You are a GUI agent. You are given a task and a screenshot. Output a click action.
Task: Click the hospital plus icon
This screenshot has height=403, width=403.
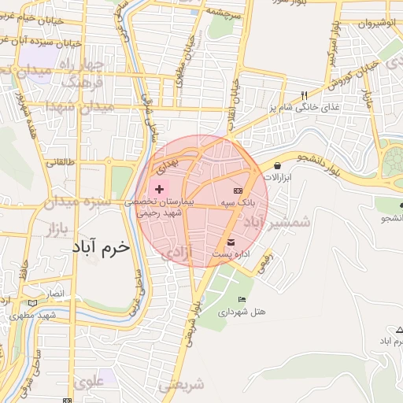pyautogui.click(x=158, y=189)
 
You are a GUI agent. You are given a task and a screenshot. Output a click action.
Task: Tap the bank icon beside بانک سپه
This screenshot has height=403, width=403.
pyautogui.click(x=238, y=191)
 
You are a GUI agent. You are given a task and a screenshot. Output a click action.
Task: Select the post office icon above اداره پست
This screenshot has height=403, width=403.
pyautogui.click(x=231, y=242)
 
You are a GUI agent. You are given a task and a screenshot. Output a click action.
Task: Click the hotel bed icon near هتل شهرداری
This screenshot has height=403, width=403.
pyautogui.click(x=242, y=299)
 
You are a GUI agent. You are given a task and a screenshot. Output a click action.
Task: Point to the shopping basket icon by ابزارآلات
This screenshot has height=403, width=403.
pyautogui.click(x=278, y=165)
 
